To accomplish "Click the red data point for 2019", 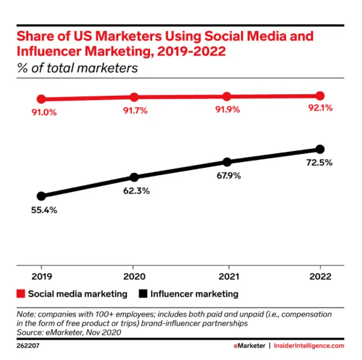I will pos(41,99).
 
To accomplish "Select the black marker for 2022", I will pos(320,149).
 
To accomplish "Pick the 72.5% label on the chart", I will pos(320,162).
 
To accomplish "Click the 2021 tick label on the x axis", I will pos(227,277).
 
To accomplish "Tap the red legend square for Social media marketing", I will pos(21,294).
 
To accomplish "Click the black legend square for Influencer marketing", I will pos(144,294).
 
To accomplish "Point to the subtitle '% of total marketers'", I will pos(77,68).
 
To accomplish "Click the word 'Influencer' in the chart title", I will pos(47,52).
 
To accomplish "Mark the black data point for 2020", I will pos(134,177).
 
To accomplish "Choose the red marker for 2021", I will pos(227,96).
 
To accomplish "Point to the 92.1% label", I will pos(320,108).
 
